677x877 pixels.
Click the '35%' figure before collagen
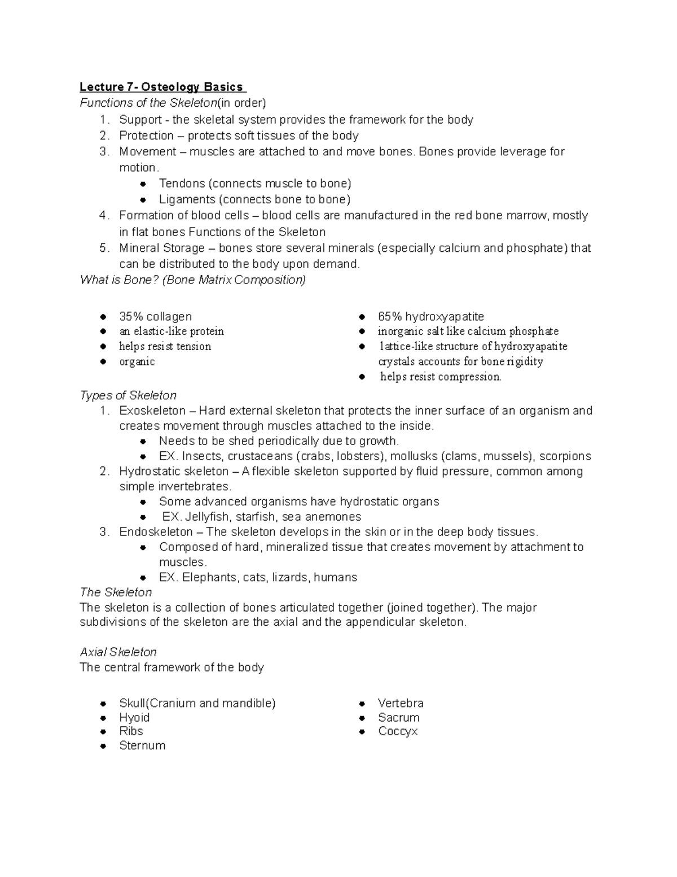point(131,316)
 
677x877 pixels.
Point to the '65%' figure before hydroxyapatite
point(390,316)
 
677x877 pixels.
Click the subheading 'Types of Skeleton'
point(128,395)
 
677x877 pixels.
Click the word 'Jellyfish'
point(207,517)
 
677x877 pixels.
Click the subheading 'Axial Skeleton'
point(118,652)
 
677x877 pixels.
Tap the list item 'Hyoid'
point(134,717)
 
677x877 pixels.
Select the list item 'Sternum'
point(142,745)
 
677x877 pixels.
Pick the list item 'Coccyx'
point(398,731)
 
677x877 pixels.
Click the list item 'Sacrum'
point(398,717)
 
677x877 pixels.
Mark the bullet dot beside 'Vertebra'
point(363,704)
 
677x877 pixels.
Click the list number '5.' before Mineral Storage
point(104,248)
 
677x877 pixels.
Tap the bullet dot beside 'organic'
point(103,362)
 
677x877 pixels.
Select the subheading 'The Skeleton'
point(116,592)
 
